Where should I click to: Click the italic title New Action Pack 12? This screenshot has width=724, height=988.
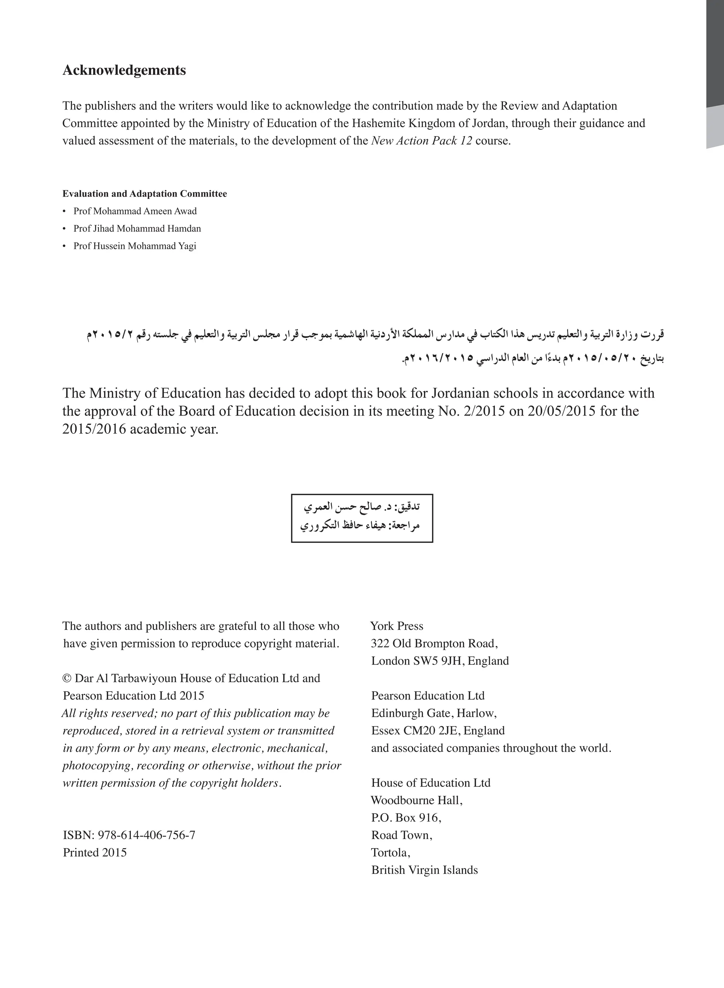pyautogui.click(x=422, y=141)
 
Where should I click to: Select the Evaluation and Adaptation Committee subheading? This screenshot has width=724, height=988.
pyautogui.click(x=145, y=194)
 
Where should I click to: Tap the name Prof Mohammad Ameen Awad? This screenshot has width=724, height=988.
pyautogui.click(x=135, y=211)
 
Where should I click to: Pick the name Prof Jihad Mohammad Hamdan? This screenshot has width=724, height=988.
pyautogui.click(x=137, y=229)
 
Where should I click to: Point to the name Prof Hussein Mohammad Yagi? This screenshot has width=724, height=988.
pyautogui.click(x=135, y=246)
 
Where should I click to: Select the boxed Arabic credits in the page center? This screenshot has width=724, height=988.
pyautogui.click(x=362, y=518)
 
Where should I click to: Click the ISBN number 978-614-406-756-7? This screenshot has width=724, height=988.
pyautogui.click(x=146, y=835)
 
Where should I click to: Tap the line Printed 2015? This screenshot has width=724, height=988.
pyautogui.click(x=95, y=853)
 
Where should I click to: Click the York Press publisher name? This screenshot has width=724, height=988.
pyautogui.click(x=397, y=626)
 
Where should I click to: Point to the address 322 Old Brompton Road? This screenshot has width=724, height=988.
pyautogui.click(x=434, y=644)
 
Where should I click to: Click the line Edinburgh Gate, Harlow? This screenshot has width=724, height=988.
pyautogui.click(x=434, y=714)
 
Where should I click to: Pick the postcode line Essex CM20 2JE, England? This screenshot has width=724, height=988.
pyautogui.click(x=438, y=730)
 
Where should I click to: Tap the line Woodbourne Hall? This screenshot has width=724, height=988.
pyautogui.click(x=417, y=800)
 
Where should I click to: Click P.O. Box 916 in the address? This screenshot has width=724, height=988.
pyautogui.click(x=406, y=818)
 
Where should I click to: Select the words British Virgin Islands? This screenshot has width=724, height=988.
pyautogui.click(x=424, y=870)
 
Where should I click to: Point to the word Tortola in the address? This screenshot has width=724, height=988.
pyautogui.click(x=390, y=853)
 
